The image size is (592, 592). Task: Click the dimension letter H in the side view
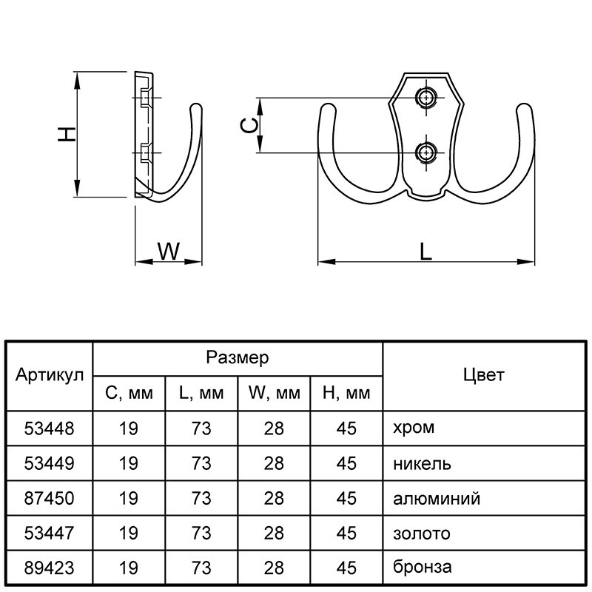67,134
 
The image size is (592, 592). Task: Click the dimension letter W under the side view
169,252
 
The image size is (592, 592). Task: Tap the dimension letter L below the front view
425,252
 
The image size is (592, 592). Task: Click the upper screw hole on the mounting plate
425,98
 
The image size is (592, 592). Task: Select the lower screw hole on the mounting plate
425,152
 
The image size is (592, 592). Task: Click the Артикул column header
49,375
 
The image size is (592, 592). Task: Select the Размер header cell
237,358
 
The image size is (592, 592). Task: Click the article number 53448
49,428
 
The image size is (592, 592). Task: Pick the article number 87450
49,498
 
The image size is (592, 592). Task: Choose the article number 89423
49,568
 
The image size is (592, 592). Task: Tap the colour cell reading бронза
422,568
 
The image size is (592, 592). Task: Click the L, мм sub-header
201,394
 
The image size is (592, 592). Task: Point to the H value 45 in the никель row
346,463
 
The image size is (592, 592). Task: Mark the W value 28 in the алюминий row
273,498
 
